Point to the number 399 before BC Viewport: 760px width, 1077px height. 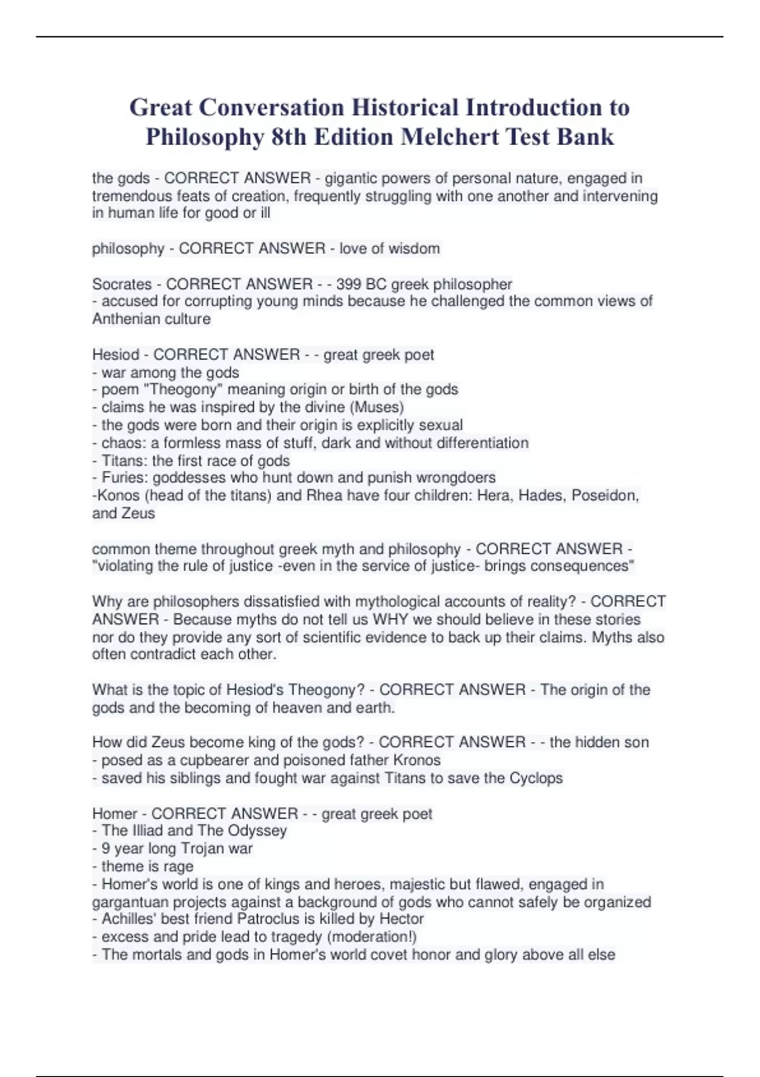[348, 284]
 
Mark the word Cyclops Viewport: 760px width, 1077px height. [536, 778]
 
